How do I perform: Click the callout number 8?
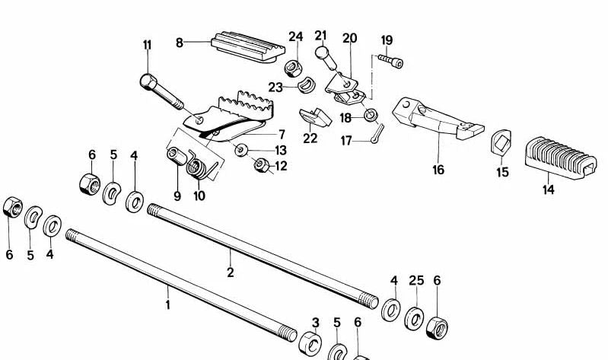point(180,43)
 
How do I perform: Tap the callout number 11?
point(147,45)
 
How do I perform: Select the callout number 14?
point(549,190)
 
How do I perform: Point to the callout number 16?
point(438,170)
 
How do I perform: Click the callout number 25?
point(415,281)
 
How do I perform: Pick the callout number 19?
point(387,40)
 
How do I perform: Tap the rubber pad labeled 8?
point(244,43)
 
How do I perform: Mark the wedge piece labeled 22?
point(314,116)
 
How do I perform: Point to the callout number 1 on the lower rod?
point(168,305)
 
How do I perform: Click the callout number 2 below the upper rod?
point(230,272)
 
